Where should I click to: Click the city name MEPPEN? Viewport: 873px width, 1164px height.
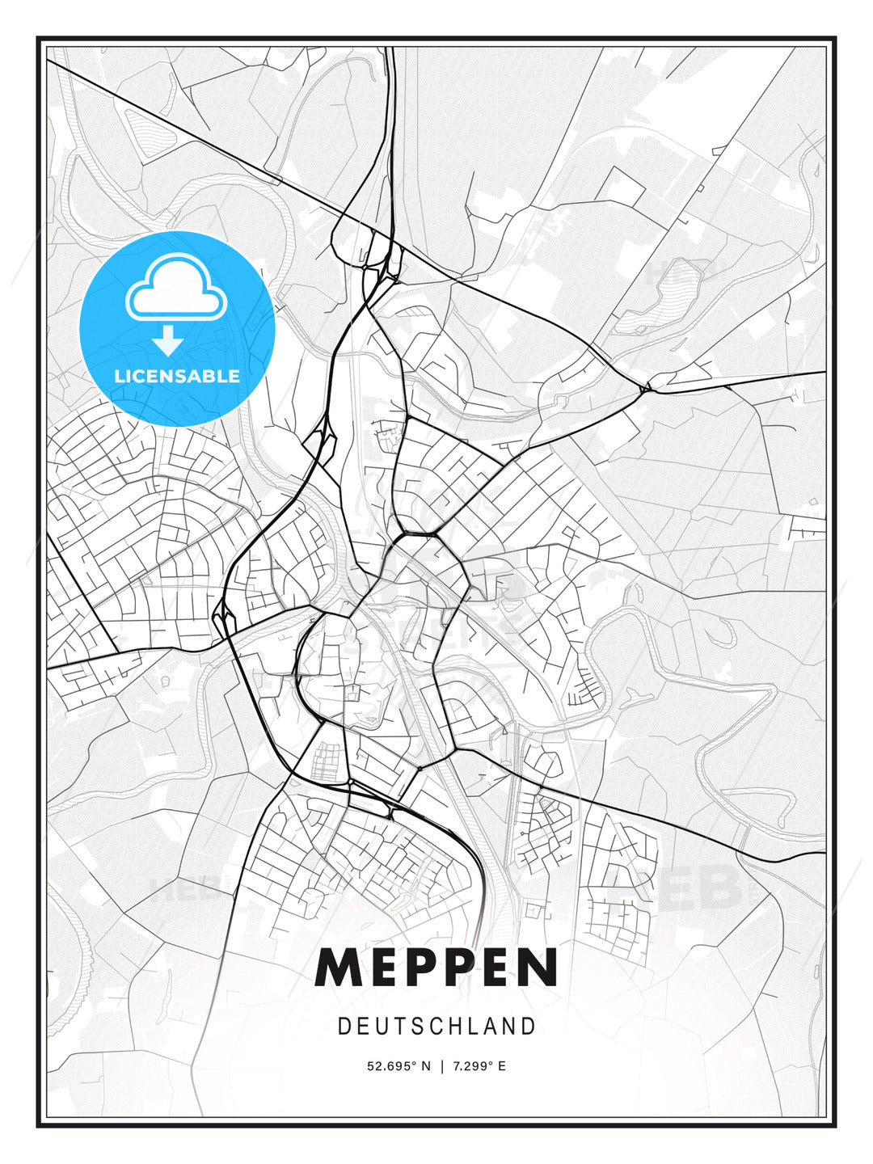pyautogui.click(x=436, y=968)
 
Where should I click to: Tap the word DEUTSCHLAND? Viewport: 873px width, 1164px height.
pyautogui.click(x=436, y=1027)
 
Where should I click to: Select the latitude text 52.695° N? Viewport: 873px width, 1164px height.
pyautogui.click(x=399, y=1066)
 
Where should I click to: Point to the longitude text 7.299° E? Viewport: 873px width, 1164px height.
pyautogui.click(x=480, y=1066)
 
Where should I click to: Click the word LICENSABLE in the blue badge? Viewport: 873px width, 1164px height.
pyautogui.click(x=177, y=376)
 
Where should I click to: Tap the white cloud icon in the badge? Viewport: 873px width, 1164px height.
pyautogui.click(x=175, y=289)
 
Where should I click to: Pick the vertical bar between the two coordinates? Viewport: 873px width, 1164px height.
pyautogui.click(x=442, y=1066)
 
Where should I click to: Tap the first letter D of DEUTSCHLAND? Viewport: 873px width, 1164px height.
pyautogui.click(x=344, y=1027)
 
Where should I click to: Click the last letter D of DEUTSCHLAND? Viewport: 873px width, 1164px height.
pyautogui.click(x=529, y=1027)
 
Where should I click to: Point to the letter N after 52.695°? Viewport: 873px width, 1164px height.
pyautogui.click(x=426, y=1066)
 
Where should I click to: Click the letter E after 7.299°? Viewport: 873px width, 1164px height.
pyautogui.click(x=502, y=1066)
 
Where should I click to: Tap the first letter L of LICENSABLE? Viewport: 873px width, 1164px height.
pyautogui.click(x=119, y=376)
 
